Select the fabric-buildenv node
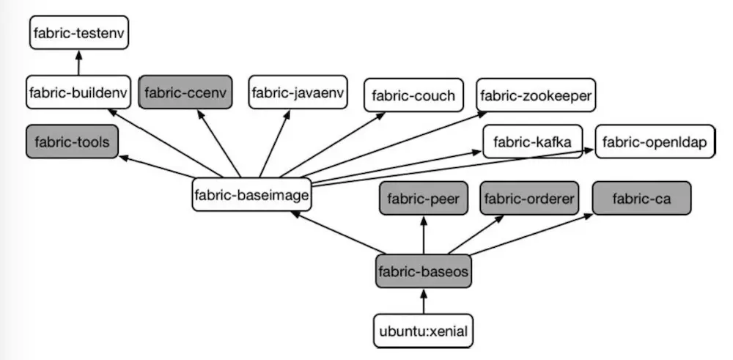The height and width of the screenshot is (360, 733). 78,92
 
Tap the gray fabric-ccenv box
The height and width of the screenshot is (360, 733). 185,92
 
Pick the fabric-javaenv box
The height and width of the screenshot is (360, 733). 298,92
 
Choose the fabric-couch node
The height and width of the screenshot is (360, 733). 413,95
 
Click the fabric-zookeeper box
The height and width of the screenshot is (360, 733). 536,95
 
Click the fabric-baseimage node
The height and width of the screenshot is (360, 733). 251,195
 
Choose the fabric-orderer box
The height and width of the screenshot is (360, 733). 530,198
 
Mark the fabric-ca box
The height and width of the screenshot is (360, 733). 641,198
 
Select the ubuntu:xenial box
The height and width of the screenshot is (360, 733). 423,331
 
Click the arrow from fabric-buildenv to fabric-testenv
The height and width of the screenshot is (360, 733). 78,63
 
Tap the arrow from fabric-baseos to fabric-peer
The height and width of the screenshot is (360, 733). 423,235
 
